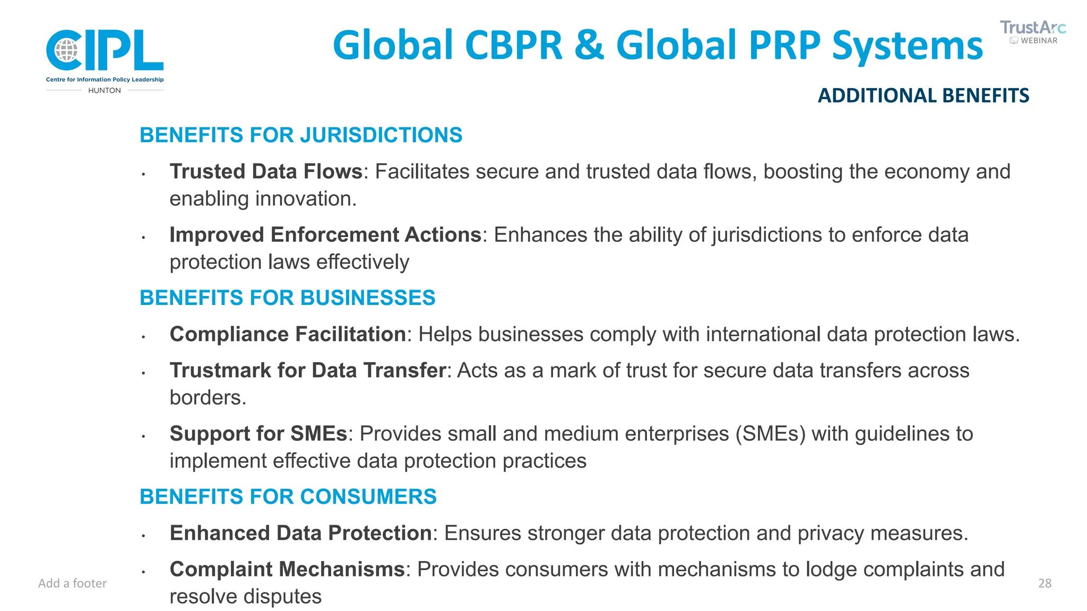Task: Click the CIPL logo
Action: point(105,51)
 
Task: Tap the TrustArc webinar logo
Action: point(1032,32)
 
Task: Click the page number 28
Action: point(1045,583)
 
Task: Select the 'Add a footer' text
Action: point(72,583)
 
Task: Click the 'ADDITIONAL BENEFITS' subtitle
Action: point(923,95)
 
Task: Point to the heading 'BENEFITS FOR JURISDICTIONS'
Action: point(301,135)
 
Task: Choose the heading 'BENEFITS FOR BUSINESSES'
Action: point(287,298)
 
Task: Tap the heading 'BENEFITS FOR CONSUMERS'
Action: point(288,497)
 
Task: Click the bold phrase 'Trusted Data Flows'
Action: point(266,172)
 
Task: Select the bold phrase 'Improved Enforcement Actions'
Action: point(325,235)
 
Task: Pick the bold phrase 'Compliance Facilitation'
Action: point(288,335)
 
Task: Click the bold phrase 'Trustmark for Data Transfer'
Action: point(307,371)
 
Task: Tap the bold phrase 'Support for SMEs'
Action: point(258,434)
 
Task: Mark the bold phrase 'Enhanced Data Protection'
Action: point(300,534)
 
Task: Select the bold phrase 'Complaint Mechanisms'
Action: point(287,570)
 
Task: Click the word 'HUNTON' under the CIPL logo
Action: point(105,91)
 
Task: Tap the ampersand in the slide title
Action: point(589,45)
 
